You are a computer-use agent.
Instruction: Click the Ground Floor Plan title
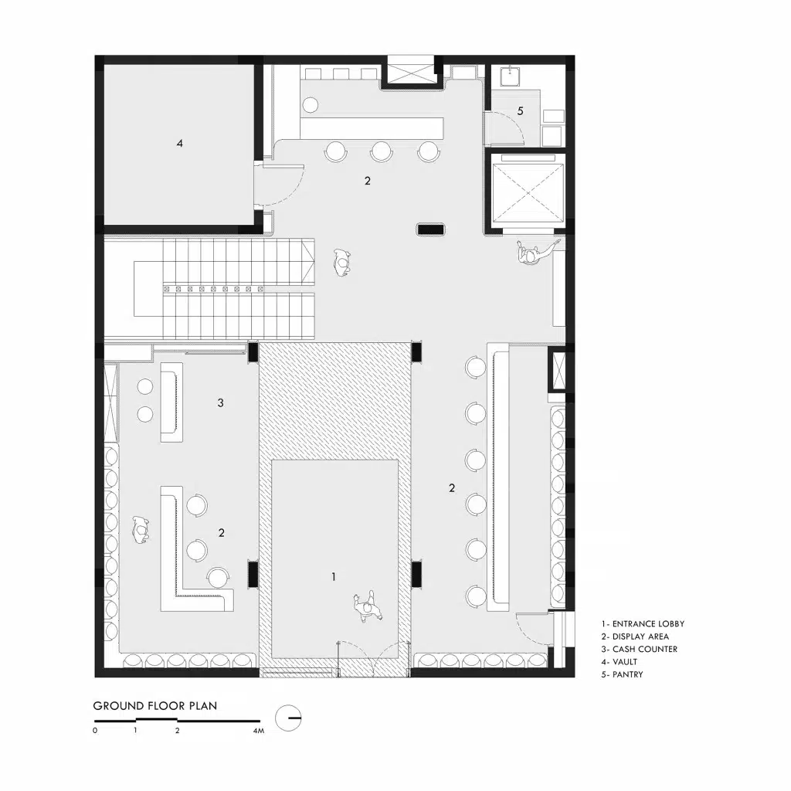[154, 706]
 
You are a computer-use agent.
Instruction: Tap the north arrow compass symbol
[289, 718]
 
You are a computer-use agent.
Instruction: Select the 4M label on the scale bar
[258, 731]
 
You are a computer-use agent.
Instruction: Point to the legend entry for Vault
[620, 662]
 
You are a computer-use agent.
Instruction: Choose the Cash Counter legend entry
[639, 649]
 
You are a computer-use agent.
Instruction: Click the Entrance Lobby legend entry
[643, 624]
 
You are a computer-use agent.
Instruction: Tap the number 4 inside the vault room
[179, 144]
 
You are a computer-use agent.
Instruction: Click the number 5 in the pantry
[521, 110]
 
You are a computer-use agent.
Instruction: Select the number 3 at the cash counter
[220, 402]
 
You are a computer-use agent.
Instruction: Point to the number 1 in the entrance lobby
[334, 576]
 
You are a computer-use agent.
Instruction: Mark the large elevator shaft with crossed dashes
[527, 192]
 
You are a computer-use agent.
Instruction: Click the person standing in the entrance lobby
[367, 607]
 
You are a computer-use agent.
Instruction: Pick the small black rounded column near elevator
[430, 229]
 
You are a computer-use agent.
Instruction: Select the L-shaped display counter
[197, 549]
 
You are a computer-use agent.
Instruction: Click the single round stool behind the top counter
[311, 105]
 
